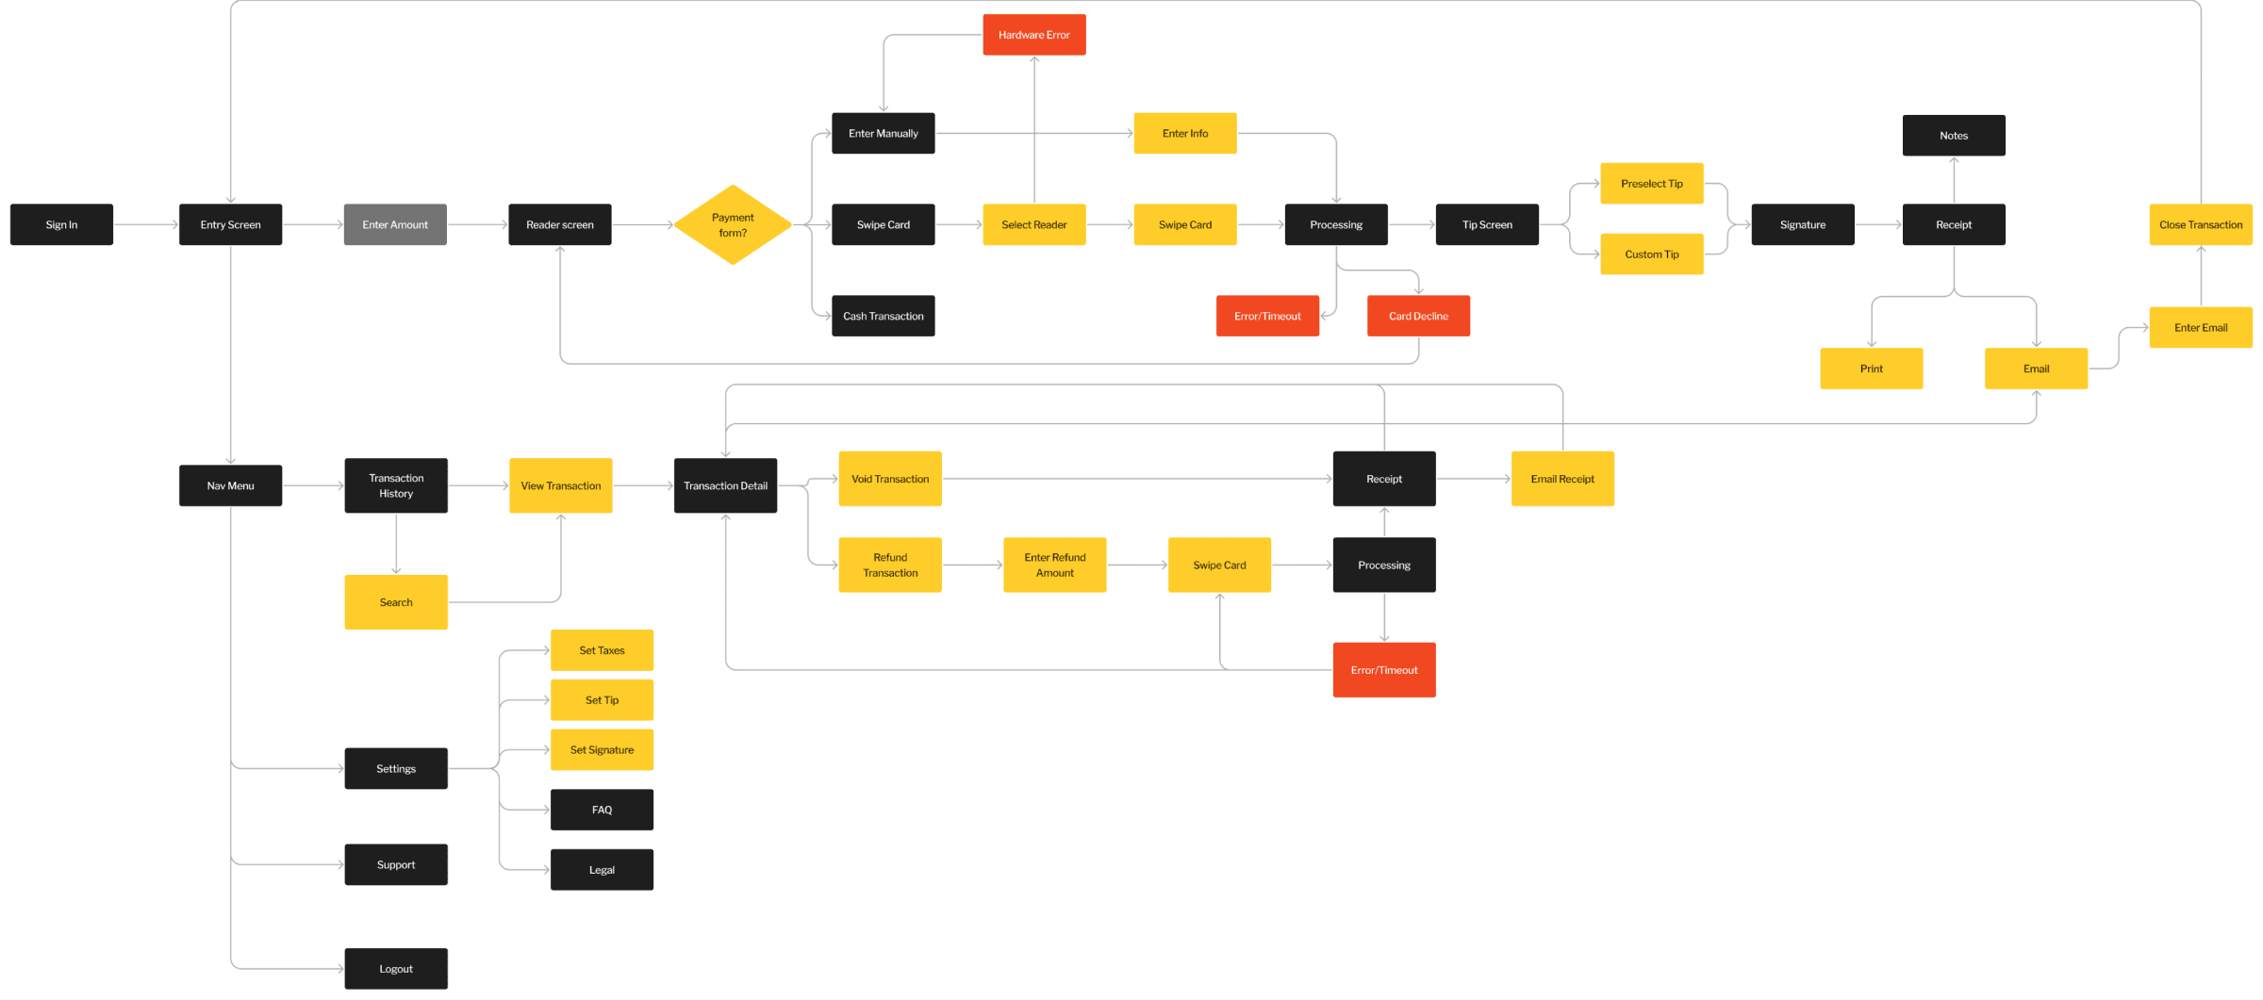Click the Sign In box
[x=61, y=224]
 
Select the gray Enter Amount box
[x=395, y=224]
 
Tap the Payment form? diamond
[x=733, y=224]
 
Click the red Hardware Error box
[x=1034, y=35]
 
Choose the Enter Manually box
[x=884, y=133]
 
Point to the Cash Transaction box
[x=884, y=316]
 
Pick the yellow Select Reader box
[x=1034, y=224]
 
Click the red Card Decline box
[x=1418, y=316]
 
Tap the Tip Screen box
[x=1487, y=224]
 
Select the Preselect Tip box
[x=1652, y=184]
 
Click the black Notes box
[x=1954, y=136]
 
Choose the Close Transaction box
[x=2201, y=224]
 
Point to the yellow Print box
[x=1872, y=369]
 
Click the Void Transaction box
[x=890, y=479]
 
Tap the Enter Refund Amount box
[x=1055, y=565]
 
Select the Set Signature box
[x=602, y=750]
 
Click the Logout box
[x=396, y=969]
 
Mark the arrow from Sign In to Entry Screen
[x=146, y=224]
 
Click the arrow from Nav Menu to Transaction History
[x=314, y=485]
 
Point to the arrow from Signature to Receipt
[x=1878, y=224]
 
